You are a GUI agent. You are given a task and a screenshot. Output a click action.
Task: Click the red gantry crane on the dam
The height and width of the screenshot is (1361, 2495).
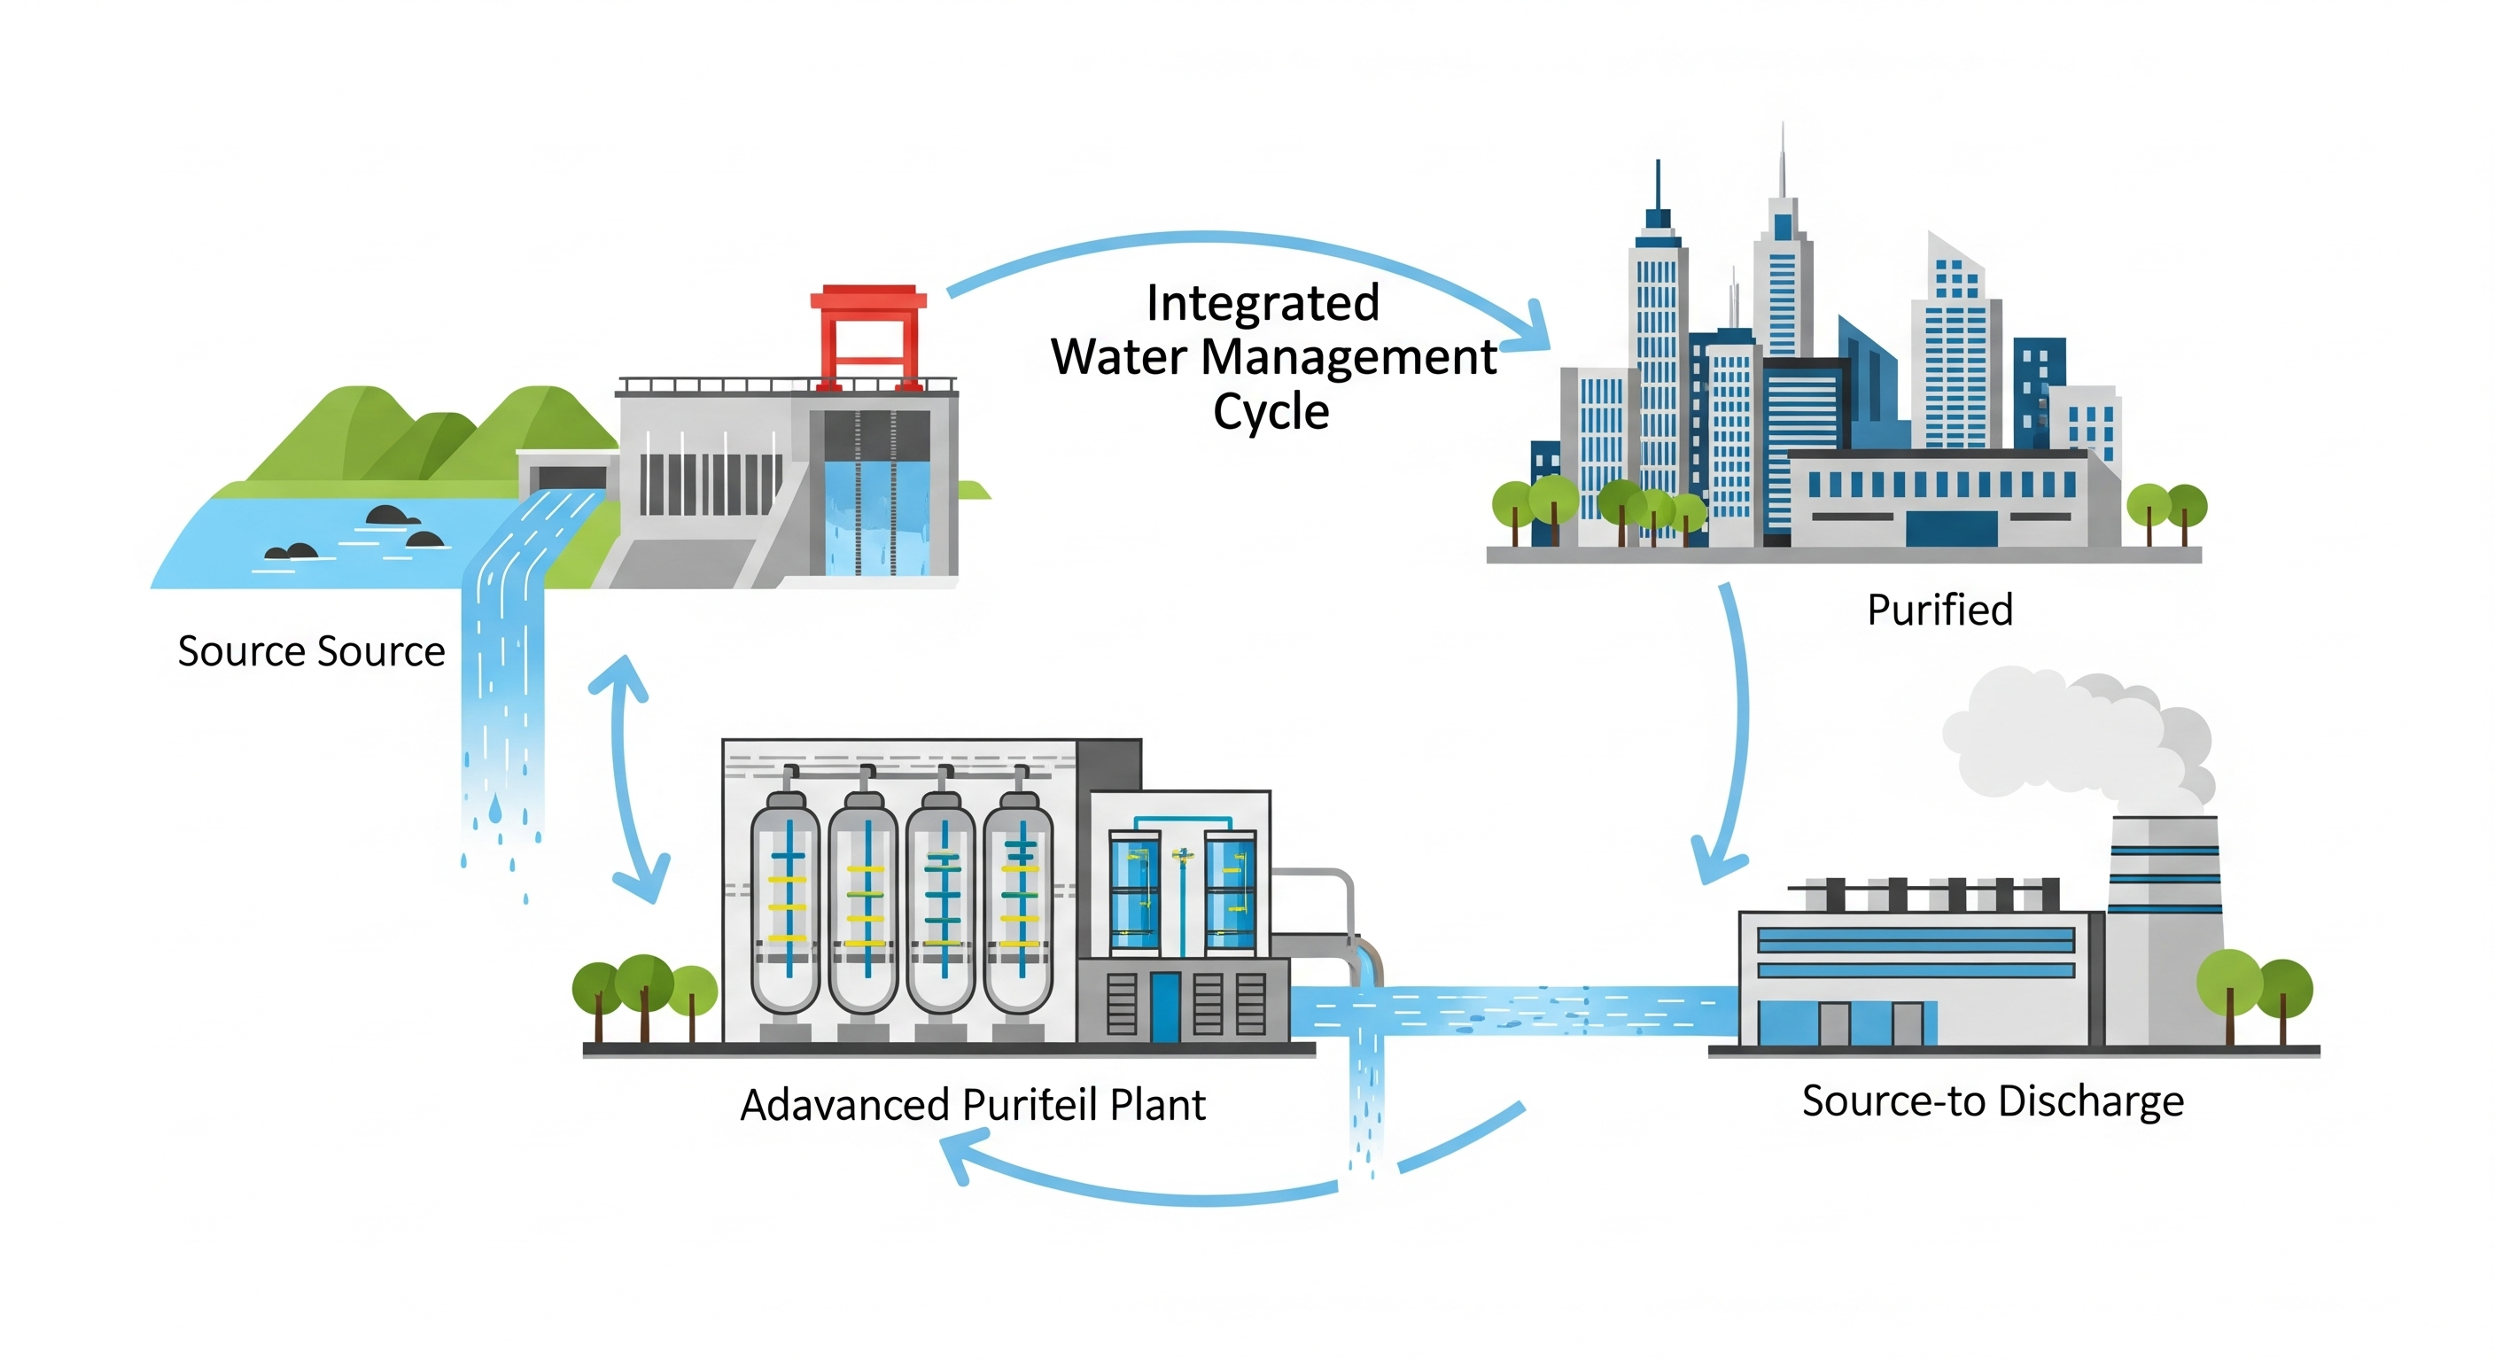(867, 334)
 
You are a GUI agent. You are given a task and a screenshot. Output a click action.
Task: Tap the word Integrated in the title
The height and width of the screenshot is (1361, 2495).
(1262, 302)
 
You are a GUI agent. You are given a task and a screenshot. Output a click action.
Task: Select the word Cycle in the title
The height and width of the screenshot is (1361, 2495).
(1271, 412)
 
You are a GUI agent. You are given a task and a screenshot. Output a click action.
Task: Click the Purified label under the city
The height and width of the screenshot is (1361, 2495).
(1939, 611)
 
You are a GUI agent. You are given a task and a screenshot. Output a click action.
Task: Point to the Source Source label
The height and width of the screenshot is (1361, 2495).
(311, 651)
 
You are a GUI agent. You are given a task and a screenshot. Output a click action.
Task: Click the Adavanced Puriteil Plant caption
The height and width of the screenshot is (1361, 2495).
(973, 1105)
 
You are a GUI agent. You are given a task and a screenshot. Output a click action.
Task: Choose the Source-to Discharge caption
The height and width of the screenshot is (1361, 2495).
(1993, 1101)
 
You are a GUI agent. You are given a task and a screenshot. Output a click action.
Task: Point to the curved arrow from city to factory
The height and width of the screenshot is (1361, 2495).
(1738, 727)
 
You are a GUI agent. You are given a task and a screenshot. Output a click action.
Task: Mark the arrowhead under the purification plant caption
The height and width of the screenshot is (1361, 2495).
(959, 1157)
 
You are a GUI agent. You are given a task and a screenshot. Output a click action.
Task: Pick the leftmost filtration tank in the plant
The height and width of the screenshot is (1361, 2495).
(786, 901)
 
